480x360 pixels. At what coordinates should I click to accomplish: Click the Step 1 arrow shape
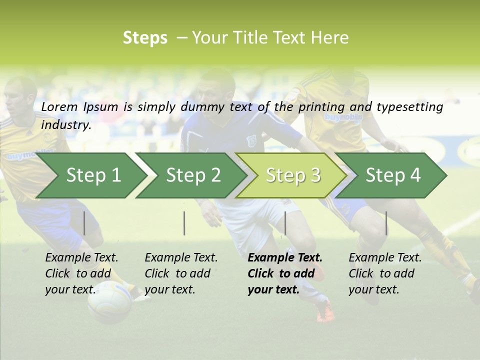(93, 175)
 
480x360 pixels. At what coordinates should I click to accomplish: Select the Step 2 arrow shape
(193, 175)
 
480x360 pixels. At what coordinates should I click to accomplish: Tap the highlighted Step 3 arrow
(292, 175)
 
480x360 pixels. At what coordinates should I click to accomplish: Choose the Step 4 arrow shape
(392, 175)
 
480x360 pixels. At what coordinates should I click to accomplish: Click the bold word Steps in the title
(145, 37)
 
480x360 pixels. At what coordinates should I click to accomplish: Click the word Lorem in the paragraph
(59, 106)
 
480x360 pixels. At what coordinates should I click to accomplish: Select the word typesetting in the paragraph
(409, 107)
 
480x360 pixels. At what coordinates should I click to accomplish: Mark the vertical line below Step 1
(84, 223)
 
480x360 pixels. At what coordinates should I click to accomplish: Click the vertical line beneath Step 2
(184, 223)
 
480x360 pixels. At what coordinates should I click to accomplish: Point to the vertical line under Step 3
(285, 223)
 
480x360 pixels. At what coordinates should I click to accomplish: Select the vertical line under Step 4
(386, 223)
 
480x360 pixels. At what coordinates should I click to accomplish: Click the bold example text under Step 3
(285, 273)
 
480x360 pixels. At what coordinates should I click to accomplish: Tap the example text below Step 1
(81, 273)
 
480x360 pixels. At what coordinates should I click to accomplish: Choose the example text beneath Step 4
(385, 273)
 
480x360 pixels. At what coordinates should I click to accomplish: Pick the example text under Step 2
(181, 273)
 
